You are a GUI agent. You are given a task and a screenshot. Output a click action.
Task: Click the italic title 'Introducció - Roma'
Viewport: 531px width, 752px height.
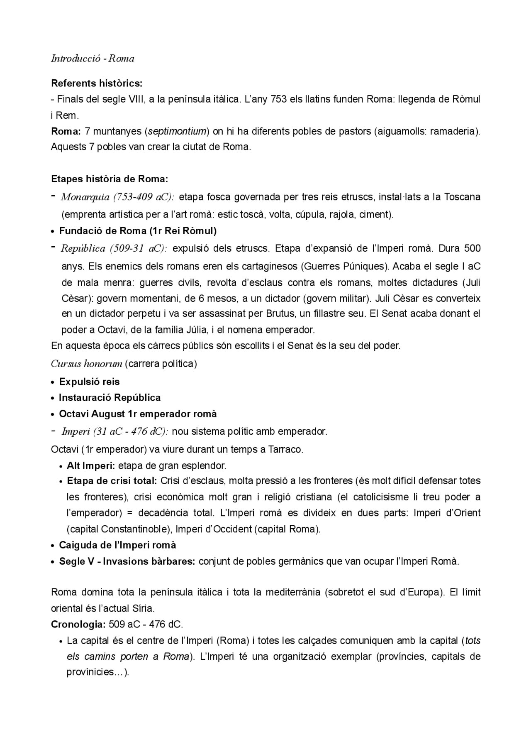click(93, 59)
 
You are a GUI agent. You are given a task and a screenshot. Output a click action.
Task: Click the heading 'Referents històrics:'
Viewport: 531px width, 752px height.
click(97, 83)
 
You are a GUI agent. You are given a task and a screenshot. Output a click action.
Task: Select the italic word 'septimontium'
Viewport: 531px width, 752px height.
click(177, 132)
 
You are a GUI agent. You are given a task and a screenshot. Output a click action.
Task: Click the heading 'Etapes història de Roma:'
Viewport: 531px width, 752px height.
click(110, 179)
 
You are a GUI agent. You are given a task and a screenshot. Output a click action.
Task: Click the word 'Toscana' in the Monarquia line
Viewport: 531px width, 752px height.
click(462, 197)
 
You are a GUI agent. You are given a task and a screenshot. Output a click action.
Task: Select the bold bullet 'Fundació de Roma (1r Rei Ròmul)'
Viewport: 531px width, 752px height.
click(138, 231)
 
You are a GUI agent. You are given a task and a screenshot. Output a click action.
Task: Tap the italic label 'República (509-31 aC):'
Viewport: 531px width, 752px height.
click(114, 249)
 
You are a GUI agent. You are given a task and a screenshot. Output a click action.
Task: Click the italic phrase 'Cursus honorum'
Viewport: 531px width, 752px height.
click(86, 364)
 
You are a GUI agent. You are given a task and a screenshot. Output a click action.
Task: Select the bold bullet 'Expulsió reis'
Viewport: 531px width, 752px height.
click(89, 382)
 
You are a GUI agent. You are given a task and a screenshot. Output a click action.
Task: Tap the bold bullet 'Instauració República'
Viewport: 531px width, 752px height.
click(110, 398)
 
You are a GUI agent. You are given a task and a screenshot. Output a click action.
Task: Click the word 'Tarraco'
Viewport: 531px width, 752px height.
click(285, 450)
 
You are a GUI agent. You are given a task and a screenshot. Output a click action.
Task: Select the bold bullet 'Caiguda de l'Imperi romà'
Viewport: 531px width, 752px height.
click(117, 545)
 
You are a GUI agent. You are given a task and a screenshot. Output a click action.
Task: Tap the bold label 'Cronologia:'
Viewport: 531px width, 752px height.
click(78, 625)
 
